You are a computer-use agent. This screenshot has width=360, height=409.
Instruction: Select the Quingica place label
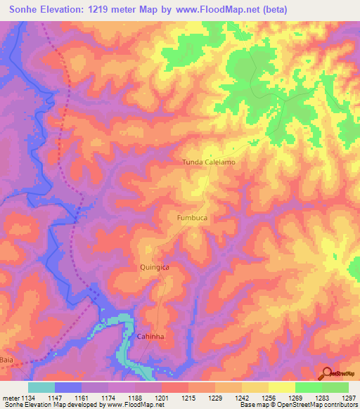pyautogui.click(x=154, y=268)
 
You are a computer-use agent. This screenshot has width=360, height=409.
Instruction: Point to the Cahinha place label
pyautogui.click(x=150, y=337)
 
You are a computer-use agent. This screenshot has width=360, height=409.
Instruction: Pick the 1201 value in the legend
pyautogui.click(x=162, y=397)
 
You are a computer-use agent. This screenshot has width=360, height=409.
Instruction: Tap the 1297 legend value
pyautogui.click(x=348, y=397)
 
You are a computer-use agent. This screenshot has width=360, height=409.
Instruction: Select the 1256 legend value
pyautogui.click(x=268, y=397)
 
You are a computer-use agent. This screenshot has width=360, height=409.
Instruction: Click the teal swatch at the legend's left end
pyautogui.click(x=41, y=387)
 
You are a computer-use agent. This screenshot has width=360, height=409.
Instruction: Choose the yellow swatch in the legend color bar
pyautogui.click(x=281, y=387)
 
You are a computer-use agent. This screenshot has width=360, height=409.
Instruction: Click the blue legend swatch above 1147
pyautogui.click(x=68, y=387)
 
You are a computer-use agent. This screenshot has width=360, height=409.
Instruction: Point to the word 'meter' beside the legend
pyautogui.click(x=11, y=397)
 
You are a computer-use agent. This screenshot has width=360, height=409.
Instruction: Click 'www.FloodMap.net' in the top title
pyautogui.click(x=223, y=9)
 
